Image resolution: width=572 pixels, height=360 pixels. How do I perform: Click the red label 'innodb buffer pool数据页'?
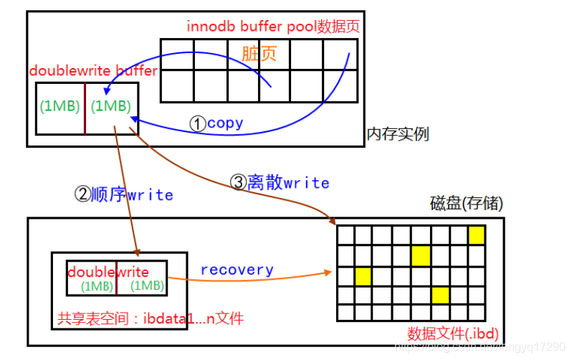(272, 27)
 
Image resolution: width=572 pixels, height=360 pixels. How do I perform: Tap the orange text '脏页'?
(259, 54)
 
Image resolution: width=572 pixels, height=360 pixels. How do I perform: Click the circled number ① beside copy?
(197, 123)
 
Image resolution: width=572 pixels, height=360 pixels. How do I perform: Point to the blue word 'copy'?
(225, 123)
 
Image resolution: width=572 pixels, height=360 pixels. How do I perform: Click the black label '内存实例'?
(398, 134)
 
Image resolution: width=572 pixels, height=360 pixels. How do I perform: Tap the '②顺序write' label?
(124, 194)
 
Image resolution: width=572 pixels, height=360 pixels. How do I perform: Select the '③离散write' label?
(279, 182)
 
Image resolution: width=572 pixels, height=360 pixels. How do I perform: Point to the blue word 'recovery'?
(237, 270)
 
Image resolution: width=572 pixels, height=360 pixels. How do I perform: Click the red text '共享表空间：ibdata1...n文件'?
(151, 317)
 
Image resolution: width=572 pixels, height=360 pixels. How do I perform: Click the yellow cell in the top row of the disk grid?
(476, 235)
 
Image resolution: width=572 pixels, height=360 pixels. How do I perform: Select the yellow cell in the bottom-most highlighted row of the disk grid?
(439, 295)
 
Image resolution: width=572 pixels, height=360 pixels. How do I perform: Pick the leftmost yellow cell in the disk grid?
(363, 275)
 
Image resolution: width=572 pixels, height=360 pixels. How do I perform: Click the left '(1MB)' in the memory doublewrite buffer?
(60, 106)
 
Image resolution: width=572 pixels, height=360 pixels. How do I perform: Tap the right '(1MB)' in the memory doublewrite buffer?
(111, 106)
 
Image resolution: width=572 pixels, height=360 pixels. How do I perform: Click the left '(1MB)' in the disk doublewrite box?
(97, 285)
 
